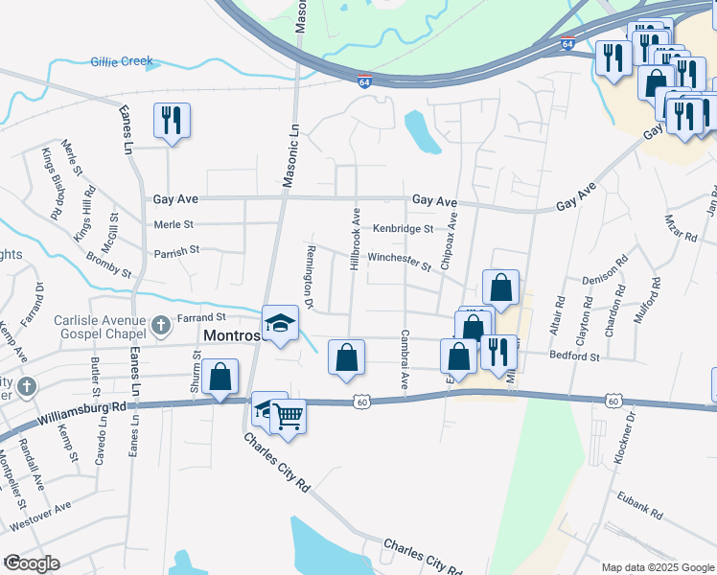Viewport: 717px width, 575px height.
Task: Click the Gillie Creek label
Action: coord(122,61)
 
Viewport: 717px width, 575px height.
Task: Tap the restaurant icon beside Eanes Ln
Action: coord(172,121)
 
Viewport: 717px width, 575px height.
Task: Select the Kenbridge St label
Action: coord(404,229)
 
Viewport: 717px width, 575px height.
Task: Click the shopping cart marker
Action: coord(287,416)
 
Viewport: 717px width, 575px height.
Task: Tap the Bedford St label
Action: coord(574,356)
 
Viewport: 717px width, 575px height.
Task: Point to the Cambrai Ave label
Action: coord(405,360)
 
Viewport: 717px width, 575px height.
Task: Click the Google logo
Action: coord(32,563)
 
